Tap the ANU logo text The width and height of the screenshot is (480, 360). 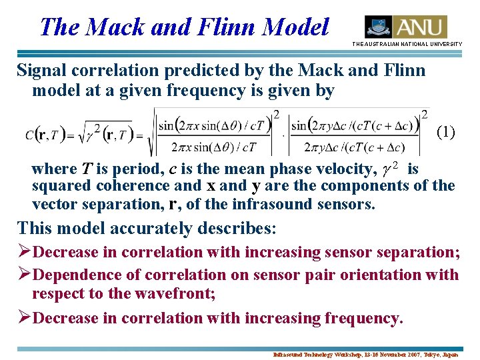point(420,27)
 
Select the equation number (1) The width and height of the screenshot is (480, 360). point(445,132)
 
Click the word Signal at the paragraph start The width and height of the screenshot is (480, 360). point(41,70)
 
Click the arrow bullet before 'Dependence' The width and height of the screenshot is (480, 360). point(25,275)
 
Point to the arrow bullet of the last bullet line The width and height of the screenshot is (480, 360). point(25,319)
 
